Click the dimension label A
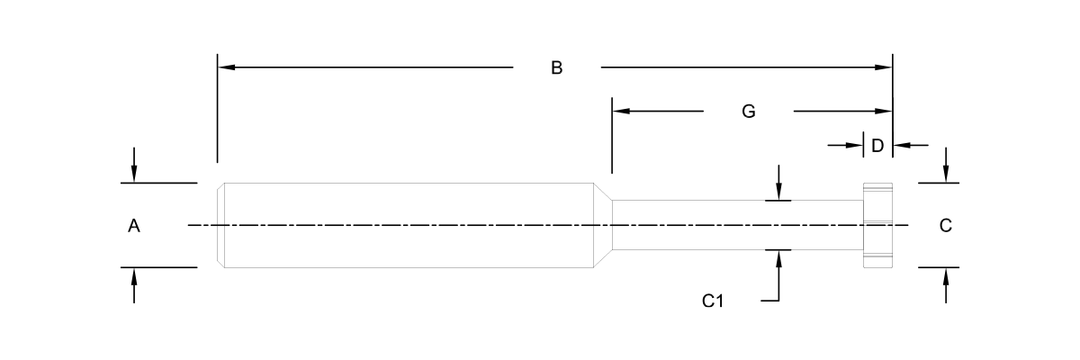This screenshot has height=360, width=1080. (133, 227)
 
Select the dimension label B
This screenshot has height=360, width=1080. (557, 68)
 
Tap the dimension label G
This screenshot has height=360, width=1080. (748, 112)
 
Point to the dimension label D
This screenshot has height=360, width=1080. (877, 145)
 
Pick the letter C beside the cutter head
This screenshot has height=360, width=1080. (945, 227)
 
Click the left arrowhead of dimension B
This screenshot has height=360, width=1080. (226, 67)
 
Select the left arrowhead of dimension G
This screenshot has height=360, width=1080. (620, 112)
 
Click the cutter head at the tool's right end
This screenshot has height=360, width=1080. (877, 225)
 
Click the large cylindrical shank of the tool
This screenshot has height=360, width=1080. (405, 225)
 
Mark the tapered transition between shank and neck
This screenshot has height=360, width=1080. (602, 225)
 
